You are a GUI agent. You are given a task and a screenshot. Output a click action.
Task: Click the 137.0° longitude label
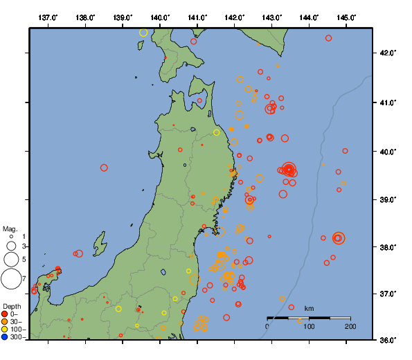click(x=48, y=17)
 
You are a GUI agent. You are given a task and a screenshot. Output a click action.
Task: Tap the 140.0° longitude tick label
click(x=160, y=17)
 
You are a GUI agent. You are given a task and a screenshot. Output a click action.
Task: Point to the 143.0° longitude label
click(x=272, y=17)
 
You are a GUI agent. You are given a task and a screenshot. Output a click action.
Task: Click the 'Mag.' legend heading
click(x=10, y=228)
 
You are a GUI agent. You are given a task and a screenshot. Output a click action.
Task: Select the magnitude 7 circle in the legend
click(x=11, y=279)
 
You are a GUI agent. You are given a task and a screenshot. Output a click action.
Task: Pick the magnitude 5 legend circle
click(x=11, y=259)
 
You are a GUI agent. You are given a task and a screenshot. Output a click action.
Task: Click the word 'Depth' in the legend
click(x=12, y=306)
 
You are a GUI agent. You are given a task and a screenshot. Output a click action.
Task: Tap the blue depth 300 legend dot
click(x=5, y=337)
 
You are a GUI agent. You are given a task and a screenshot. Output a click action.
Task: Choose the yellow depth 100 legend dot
click(x=5, y=330)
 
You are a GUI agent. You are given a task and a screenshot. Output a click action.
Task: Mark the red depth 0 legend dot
click(x=5, y=314)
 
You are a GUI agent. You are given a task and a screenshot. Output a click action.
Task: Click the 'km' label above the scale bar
click(x=309, y=308)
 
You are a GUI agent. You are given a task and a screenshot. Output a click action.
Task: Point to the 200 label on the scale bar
click(x=350, y=326)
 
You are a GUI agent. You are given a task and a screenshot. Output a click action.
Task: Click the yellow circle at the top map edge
click(x=143, y=32)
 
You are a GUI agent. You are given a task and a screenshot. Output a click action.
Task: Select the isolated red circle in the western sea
click(x=104, y=168)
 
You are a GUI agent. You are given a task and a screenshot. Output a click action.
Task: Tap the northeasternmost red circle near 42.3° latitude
click(x=328, y=38)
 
